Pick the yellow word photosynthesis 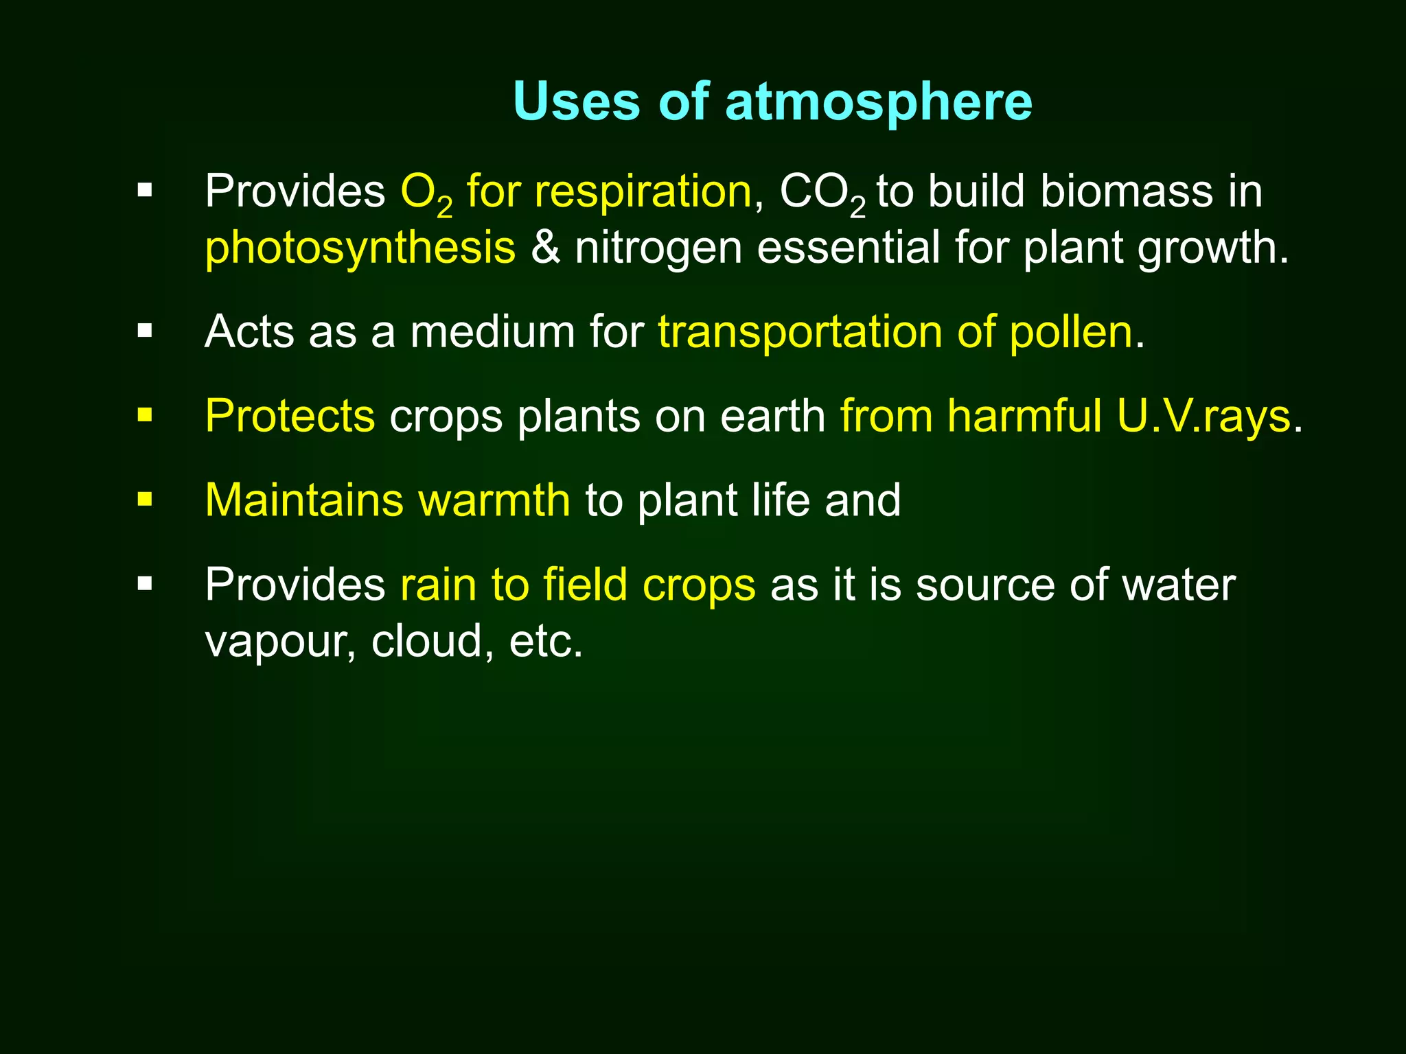pos(360,248)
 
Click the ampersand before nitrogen pos(545,248)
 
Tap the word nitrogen pos(658,248)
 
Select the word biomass pos(1127,191)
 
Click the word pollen pos(1070,333)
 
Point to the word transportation pos(800,333)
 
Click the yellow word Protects pos(290,417)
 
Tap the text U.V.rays pos(1203,417)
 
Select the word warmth pos(494,500)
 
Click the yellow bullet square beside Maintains pos(144,500)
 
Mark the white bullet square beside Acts pos(144,331)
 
